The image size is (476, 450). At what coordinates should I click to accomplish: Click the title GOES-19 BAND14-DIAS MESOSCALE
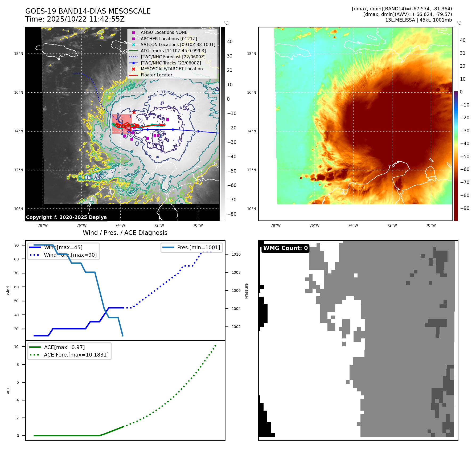click(x=88, y=11)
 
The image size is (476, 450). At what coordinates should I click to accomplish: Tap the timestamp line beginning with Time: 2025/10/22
click(x=75, y=19)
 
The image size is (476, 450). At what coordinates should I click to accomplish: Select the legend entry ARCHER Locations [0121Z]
click(x=169, y=39)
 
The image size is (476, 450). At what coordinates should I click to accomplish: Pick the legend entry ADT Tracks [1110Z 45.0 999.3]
click(x=173, y=51)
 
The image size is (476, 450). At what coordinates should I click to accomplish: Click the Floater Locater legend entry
click(x=156, y=75)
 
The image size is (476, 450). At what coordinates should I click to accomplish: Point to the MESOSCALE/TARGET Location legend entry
click(x=171, y=69)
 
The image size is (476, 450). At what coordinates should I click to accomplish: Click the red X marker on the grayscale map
click(x=134, y=112)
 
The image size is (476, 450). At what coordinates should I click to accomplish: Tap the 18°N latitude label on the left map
click(x=19, y=54)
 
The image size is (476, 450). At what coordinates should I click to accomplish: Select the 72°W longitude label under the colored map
click(x=392, y=225)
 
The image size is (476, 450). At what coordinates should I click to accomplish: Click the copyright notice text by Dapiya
click(x=66, y=217)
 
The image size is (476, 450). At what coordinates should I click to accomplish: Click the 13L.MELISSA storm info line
click(x=418, y=20)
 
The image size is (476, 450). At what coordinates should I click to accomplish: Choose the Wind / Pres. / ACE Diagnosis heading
click(x=125, y=233)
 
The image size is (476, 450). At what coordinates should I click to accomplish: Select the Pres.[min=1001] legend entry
click(x=198, y=247)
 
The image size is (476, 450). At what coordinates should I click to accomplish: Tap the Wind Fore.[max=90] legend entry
click(x=70, y=255)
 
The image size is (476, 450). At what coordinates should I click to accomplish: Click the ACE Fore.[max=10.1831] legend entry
click(x=76, y=355)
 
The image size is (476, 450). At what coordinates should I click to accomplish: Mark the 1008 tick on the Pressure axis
click(x=236, y=272)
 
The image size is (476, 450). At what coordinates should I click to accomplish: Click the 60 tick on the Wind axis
click(x=17, y=287)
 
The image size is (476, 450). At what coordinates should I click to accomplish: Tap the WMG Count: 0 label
click(x=285, y=248)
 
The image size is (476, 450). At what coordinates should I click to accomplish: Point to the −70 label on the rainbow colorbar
click(x=465, y=182)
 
